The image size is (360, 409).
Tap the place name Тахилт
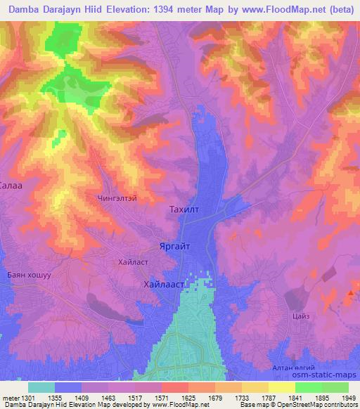pyautogui.click(x=186, y=210)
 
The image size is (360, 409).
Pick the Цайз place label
pyautogui.click(x=301, y=317)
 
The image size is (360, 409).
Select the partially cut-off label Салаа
pyautogui.click(x=12, y=186)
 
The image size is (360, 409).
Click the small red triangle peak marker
pyautogui.click(x=350, y=293)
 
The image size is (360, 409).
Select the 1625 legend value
pyautogui.click(x=188, y=398)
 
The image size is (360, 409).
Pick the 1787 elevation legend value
pyautogui.click(x=264, y=398)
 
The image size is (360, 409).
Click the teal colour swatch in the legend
pyautogui.click(x=41, y=387)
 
